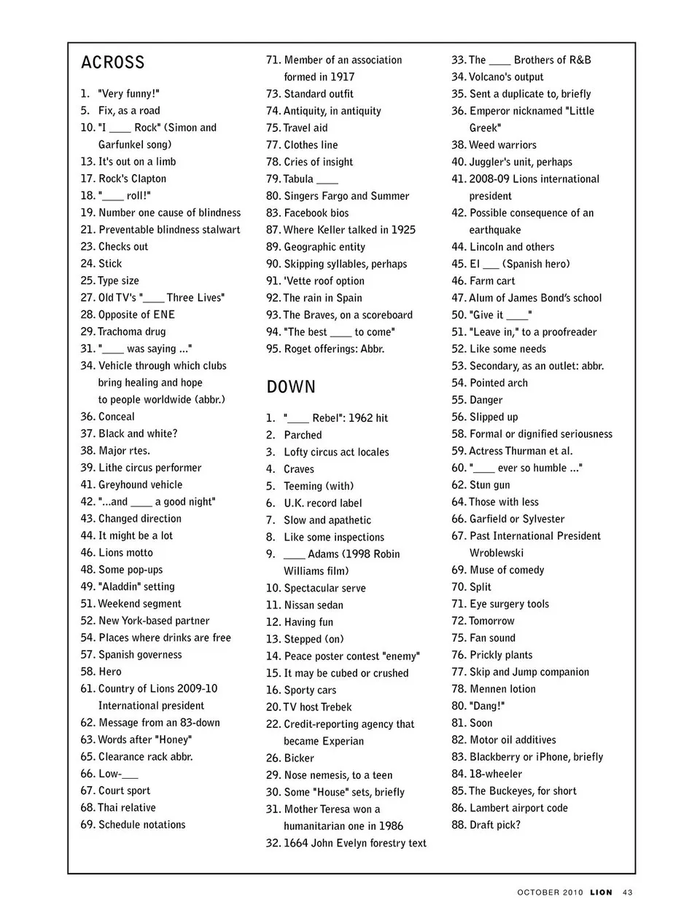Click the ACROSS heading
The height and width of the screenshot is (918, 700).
(x=113, y=63)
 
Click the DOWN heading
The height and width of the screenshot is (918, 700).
(x=291, y=387)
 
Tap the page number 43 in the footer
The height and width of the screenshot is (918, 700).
(x=628, y=892)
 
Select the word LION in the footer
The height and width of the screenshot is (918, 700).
(x=602, y=892)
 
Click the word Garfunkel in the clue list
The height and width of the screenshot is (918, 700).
(x=122, y=144)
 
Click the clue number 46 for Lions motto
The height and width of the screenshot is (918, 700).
(x=87, y=552)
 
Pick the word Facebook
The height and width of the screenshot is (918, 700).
(x=306, y=213)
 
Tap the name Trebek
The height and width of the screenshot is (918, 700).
(x=336, y=707)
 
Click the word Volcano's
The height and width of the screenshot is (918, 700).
(x=491, y=76)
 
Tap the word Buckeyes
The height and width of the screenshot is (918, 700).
(x=513, y=790)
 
